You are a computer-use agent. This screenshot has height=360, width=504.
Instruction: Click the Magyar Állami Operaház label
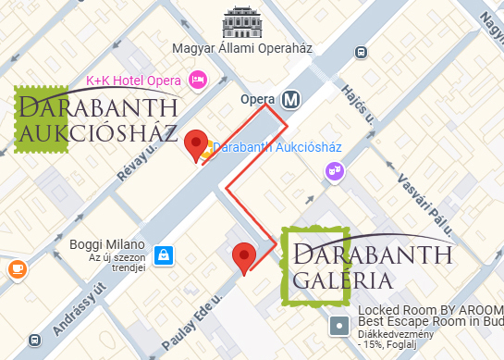click(x=243, y=48)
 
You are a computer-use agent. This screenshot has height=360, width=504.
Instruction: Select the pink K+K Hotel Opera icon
click(x=196, y=81)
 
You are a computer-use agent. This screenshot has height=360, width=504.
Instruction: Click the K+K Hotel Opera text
click(x=133, y=81)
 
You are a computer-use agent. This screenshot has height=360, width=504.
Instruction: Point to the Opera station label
click(x=258, y=99)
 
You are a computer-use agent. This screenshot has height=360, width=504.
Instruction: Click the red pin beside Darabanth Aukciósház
click(x=195, y=145)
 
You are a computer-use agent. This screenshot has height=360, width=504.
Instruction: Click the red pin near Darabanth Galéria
click(x=243, y=256)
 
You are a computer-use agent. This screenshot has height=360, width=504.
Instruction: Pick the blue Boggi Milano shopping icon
click(x=164, y=254)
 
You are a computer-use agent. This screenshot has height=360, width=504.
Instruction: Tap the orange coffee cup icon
click(x=16, y=268)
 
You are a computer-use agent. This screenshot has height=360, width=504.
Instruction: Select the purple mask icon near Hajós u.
click(x=333, y=171)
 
